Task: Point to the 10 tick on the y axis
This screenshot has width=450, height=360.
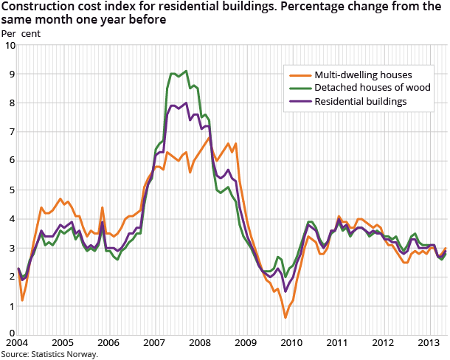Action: click(10, 46)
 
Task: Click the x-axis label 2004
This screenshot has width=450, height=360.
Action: click(17, 344)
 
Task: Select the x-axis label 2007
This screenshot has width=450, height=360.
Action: click(153, 344)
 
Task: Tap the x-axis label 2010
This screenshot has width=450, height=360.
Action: click(291, 344)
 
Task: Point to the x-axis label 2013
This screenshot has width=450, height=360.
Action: click(429, 344)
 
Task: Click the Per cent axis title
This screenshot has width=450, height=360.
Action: click(21, 33)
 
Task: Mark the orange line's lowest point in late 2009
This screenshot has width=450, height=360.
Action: click(285, 317)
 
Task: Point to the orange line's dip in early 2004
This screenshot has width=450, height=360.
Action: click(22, 300)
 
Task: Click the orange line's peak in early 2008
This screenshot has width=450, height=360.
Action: click(210, 136)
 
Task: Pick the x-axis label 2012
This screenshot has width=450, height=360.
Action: click(383, 344)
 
